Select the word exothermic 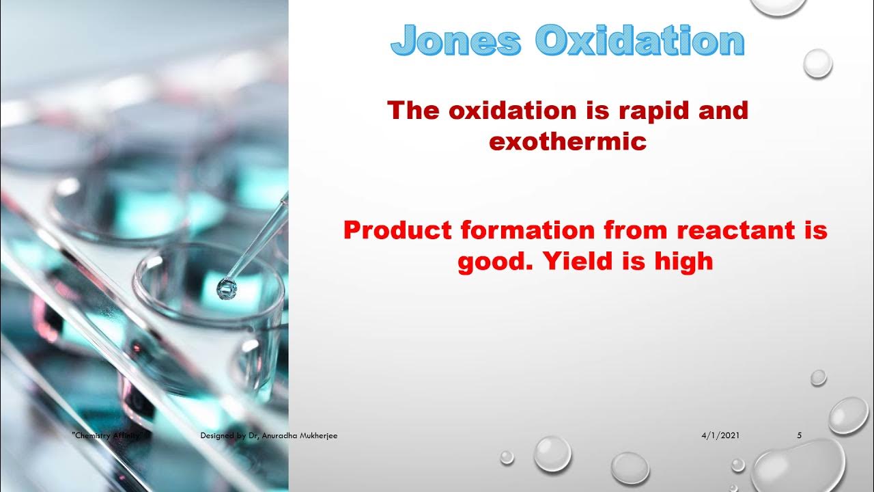(x=567, y=141)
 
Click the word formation (x=528, y=230)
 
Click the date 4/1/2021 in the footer (x=720, y=435)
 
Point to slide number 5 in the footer (x=800, y=435)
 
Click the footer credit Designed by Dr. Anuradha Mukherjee (x=268, y=435)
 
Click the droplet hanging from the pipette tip (x=226, y=290)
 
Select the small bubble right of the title (x=817, y=64)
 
